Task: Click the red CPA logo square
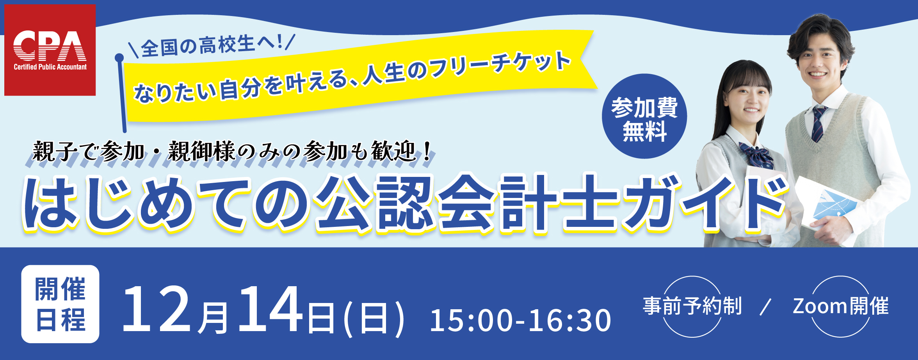(50, 50)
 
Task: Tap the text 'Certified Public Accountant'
(50, 67)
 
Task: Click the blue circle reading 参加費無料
(644, 116)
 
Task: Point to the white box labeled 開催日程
(60, 304)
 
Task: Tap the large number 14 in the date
(271, 309)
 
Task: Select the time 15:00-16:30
(520, 321)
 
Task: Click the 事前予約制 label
(692, 306)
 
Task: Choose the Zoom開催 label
(840, 306)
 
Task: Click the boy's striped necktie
(818, 123)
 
